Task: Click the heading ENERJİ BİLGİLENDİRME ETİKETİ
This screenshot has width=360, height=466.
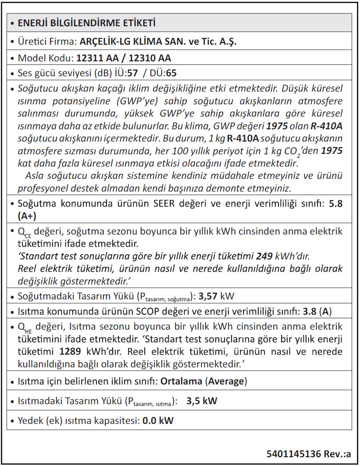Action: (86, 23)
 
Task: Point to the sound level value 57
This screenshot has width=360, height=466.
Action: (132, 73)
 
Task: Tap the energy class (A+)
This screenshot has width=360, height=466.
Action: (27, 216)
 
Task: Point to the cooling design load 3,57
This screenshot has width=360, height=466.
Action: (208, 296)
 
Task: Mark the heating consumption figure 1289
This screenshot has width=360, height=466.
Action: (70, 352)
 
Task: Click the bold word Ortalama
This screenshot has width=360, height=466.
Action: (181, 381)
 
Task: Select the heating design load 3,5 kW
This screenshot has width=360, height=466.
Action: (201, 401)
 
